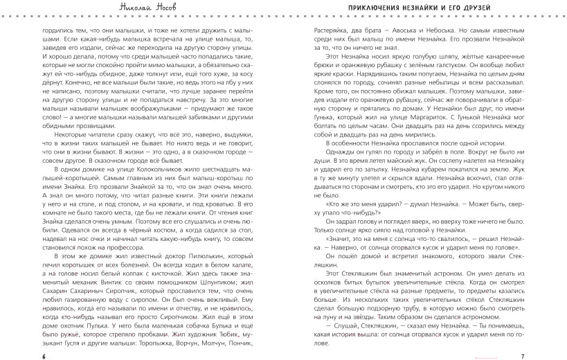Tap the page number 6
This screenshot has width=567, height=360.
pyautogui.click(x=42, y=355)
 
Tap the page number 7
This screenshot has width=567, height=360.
pyautogui.click(x=523, y=355)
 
